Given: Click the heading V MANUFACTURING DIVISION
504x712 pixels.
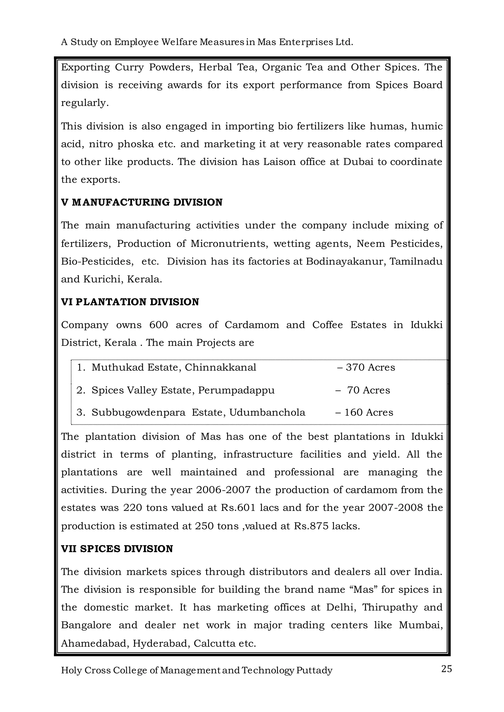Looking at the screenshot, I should click(142, 203).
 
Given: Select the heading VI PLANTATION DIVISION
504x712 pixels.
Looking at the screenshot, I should click(130, 302).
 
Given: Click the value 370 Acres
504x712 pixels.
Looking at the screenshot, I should click(370, 368).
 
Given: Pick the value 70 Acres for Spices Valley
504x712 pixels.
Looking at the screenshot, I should click(368, 390).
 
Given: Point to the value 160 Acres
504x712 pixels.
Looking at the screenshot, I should click(369, 413).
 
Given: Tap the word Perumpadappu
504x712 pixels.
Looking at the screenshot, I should click(236, 390).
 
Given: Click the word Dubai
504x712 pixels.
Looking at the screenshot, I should click(358, 162).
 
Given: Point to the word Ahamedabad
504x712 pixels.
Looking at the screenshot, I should click(95, 643).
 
